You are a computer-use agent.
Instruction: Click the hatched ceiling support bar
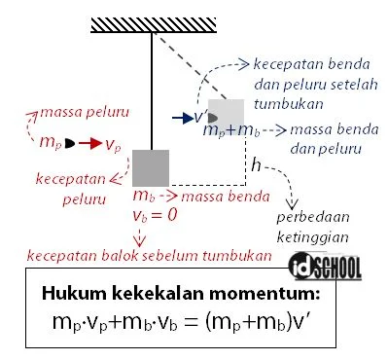coord(151,23)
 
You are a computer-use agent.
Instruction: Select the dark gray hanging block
coord(152,167)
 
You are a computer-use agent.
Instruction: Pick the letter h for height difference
coord(256,165)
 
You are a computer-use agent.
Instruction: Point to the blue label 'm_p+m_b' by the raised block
coord(231,131)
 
